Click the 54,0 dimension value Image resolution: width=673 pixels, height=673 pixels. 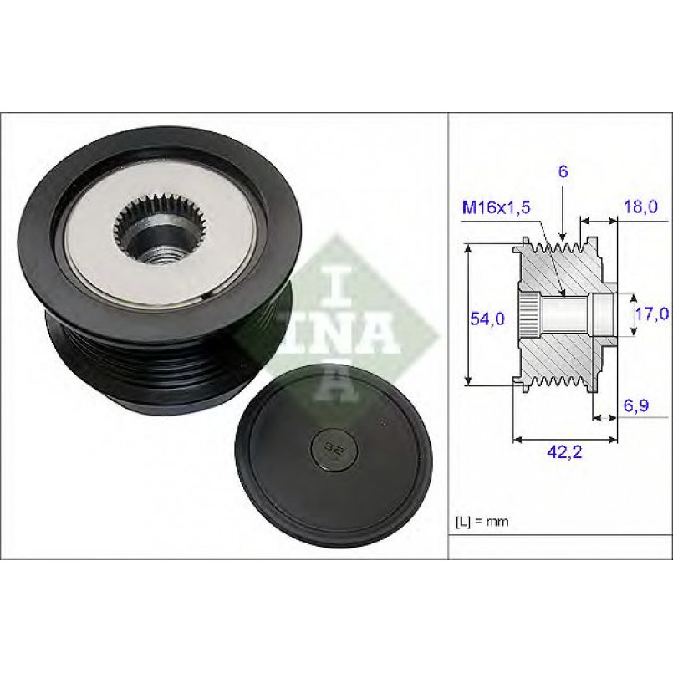[487, 319]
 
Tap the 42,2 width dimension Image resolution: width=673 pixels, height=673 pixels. [565, 451]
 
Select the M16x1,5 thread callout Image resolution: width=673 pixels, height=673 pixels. [496, 207]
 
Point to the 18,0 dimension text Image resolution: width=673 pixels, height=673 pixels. [640, 206]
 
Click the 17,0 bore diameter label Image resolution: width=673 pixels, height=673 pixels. [651, 314]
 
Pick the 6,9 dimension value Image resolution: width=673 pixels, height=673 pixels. [635, 405]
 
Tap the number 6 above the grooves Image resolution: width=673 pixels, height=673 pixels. [563, 171]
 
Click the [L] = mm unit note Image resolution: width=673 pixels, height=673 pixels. [482, 522]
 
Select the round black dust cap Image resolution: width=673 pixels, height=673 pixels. [334, 455]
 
